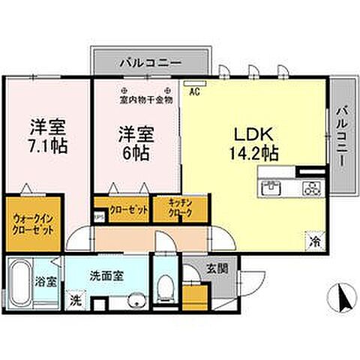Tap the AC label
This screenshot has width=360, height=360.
(193, 93)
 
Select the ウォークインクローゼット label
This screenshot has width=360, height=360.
(32, 223)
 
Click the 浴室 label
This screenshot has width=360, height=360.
(44, 283)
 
